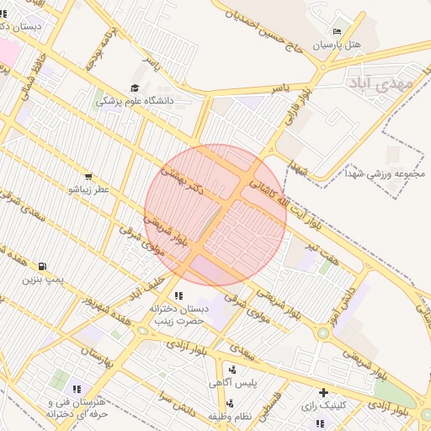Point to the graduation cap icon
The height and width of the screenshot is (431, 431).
point(135,88)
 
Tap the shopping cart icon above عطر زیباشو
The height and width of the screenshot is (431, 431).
point(88,177)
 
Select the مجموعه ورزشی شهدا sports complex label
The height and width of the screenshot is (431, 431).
point(386,173)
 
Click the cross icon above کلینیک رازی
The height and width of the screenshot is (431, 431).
point(324,392)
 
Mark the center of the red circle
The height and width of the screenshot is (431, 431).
point(215,215)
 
